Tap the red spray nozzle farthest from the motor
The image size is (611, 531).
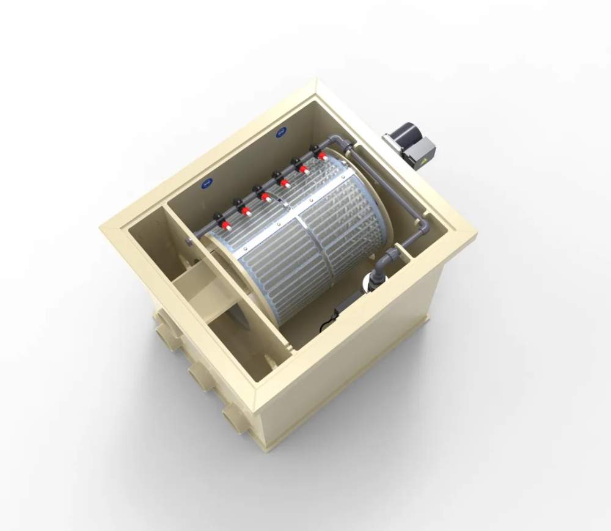pyautogui.click(x=225, y=224)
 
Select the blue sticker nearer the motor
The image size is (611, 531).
pyautogui.click(x=280, y=130)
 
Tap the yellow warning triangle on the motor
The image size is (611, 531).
pyautogui.click(x=421, y=161)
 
